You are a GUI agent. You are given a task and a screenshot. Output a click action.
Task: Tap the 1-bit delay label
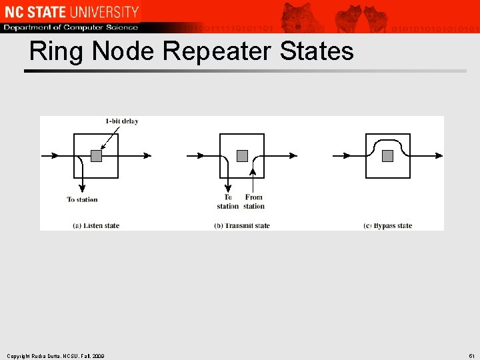(x=122, y=121)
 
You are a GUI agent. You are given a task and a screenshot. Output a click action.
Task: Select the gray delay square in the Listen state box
(x=96, y=156)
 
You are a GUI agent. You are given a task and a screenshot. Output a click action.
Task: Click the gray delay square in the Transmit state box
(x=242, y=156)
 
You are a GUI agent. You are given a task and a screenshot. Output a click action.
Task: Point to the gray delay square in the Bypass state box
(x=388, y=156)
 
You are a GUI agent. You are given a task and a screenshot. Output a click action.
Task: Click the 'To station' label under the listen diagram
(x=82, y=199)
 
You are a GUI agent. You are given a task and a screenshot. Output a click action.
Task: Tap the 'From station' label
(x=254, y=201)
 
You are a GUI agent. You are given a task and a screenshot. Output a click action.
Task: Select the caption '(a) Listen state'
(x=96, y=225)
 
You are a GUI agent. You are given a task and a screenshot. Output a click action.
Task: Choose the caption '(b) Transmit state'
(x=242, y=225)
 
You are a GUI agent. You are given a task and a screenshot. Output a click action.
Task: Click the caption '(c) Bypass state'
(x=388, y=225)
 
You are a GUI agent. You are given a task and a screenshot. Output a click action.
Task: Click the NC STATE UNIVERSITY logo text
(x=71, y=11)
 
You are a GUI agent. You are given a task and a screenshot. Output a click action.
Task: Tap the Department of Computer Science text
(x=71, y=27)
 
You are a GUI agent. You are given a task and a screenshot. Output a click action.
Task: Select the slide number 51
(x=471, y=355)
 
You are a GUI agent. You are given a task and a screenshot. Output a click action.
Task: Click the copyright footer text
(x=55, y=355)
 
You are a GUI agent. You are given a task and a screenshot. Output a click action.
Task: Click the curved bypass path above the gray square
(x=388, y=141)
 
